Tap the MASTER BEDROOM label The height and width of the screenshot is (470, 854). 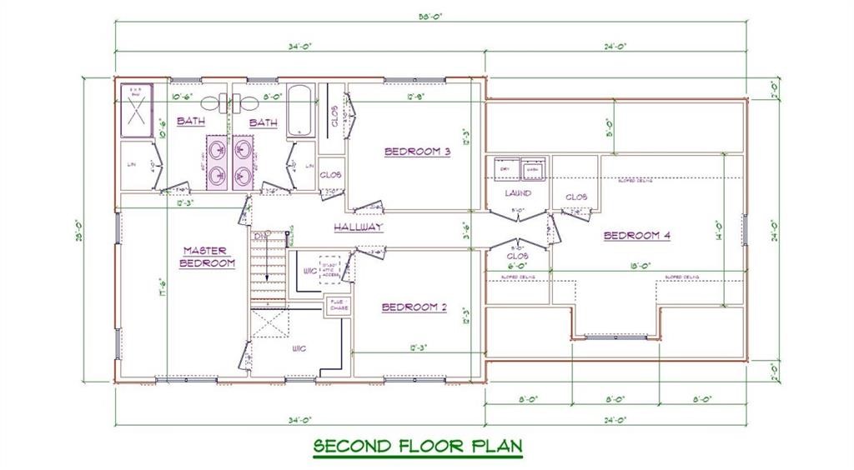(x=208, y=256)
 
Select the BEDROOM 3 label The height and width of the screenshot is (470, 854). (x=417, y=152)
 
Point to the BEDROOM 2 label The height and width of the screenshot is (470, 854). (x=414, y=307)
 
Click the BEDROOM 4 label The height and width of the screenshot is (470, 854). (x=637, y=236)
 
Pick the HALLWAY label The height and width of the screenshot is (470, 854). (x=359, y=227)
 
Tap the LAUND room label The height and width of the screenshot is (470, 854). (x=518, y=193)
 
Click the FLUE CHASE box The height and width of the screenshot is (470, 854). (x=338, y=306)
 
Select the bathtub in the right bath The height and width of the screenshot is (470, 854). (x=299, y=110)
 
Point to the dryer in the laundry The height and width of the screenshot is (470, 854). (x=505, y=169)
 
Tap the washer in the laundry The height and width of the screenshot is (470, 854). (x=532, y=169)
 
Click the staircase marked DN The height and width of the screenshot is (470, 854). (x=269, y=265)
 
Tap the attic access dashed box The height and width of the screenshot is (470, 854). (x=330, y=268)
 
